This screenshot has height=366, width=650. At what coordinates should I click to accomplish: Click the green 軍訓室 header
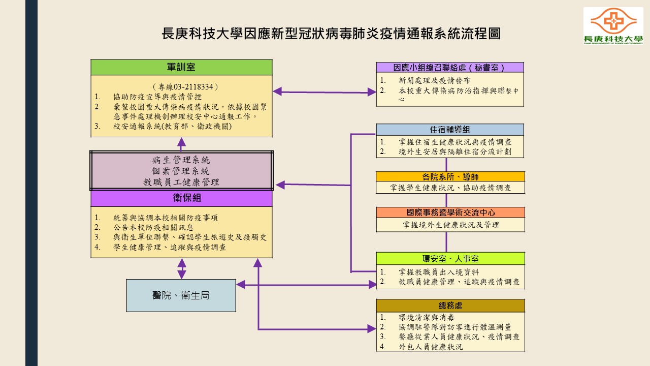pos(181,67)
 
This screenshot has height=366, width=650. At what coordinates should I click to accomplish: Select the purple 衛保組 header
pos(181,198)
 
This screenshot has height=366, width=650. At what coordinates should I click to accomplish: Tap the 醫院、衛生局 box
pos(181,295)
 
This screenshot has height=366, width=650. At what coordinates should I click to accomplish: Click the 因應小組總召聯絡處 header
pos(450,68)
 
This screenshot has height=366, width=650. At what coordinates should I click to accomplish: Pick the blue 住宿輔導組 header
pos(450,130)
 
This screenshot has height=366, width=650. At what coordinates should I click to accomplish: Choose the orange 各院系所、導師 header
pos(450,177)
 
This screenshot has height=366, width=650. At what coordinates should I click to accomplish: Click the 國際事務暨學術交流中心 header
pos(450,212)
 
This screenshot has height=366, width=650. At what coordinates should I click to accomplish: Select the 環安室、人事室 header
pos(450,258)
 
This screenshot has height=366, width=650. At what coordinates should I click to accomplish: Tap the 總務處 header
pos(450,306)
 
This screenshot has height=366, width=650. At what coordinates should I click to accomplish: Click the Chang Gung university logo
pos(613,26)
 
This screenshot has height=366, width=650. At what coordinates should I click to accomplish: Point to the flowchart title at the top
pos(331,34)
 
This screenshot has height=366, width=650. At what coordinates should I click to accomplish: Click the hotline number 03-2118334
pos(193,87)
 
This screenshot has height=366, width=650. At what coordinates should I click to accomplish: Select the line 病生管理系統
pos(181,160)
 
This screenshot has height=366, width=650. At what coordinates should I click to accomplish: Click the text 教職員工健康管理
pos(181,182)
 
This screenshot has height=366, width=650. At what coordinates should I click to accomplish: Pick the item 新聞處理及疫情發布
pos(434,80)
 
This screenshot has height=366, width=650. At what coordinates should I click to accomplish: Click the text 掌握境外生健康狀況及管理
pos(451,225)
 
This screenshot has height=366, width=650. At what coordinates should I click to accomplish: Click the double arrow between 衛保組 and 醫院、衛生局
pos(181,268)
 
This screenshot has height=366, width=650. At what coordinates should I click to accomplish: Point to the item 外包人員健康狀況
pos(431,347)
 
